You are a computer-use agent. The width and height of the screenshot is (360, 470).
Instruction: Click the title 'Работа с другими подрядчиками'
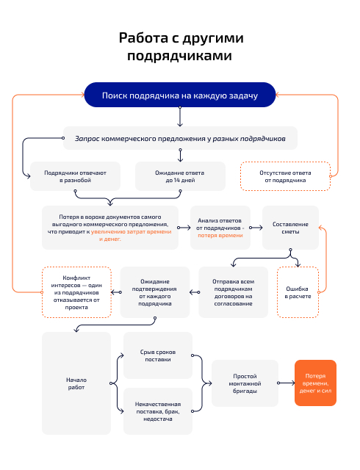[180, 46]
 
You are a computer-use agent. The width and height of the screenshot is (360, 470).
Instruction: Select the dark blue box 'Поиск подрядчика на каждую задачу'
[180, 96]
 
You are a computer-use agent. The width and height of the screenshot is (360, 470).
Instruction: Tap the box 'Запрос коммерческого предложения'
[180, 137]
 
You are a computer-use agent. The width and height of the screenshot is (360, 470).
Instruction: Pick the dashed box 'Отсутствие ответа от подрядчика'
[285, 176]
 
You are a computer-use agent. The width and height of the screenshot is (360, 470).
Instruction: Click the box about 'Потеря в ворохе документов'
[109, 228]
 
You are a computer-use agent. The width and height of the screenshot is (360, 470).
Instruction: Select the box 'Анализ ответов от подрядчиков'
[220, 228]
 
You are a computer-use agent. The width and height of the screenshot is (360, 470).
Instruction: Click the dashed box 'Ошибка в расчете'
[298, 292]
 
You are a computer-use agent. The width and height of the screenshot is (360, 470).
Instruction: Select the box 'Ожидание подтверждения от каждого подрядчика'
[155, 292]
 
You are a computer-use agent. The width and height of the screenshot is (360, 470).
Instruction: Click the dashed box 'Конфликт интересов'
[76, 292]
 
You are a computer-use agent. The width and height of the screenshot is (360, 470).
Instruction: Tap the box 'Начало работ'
[76, 383]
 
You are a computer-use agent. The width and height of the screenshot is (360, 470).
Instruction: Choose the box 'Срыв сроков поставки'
[157, 355]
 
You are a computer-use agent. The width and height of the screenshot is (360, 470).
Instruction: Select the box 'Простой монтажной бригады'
[245, 383]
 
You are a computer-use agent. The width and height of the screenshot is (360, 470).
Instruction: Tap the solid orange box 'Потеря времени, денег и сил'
[315, 383]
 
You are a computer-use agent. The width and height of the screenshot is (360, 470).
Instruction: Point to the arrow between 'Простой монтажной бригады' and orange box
[287, 383]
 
